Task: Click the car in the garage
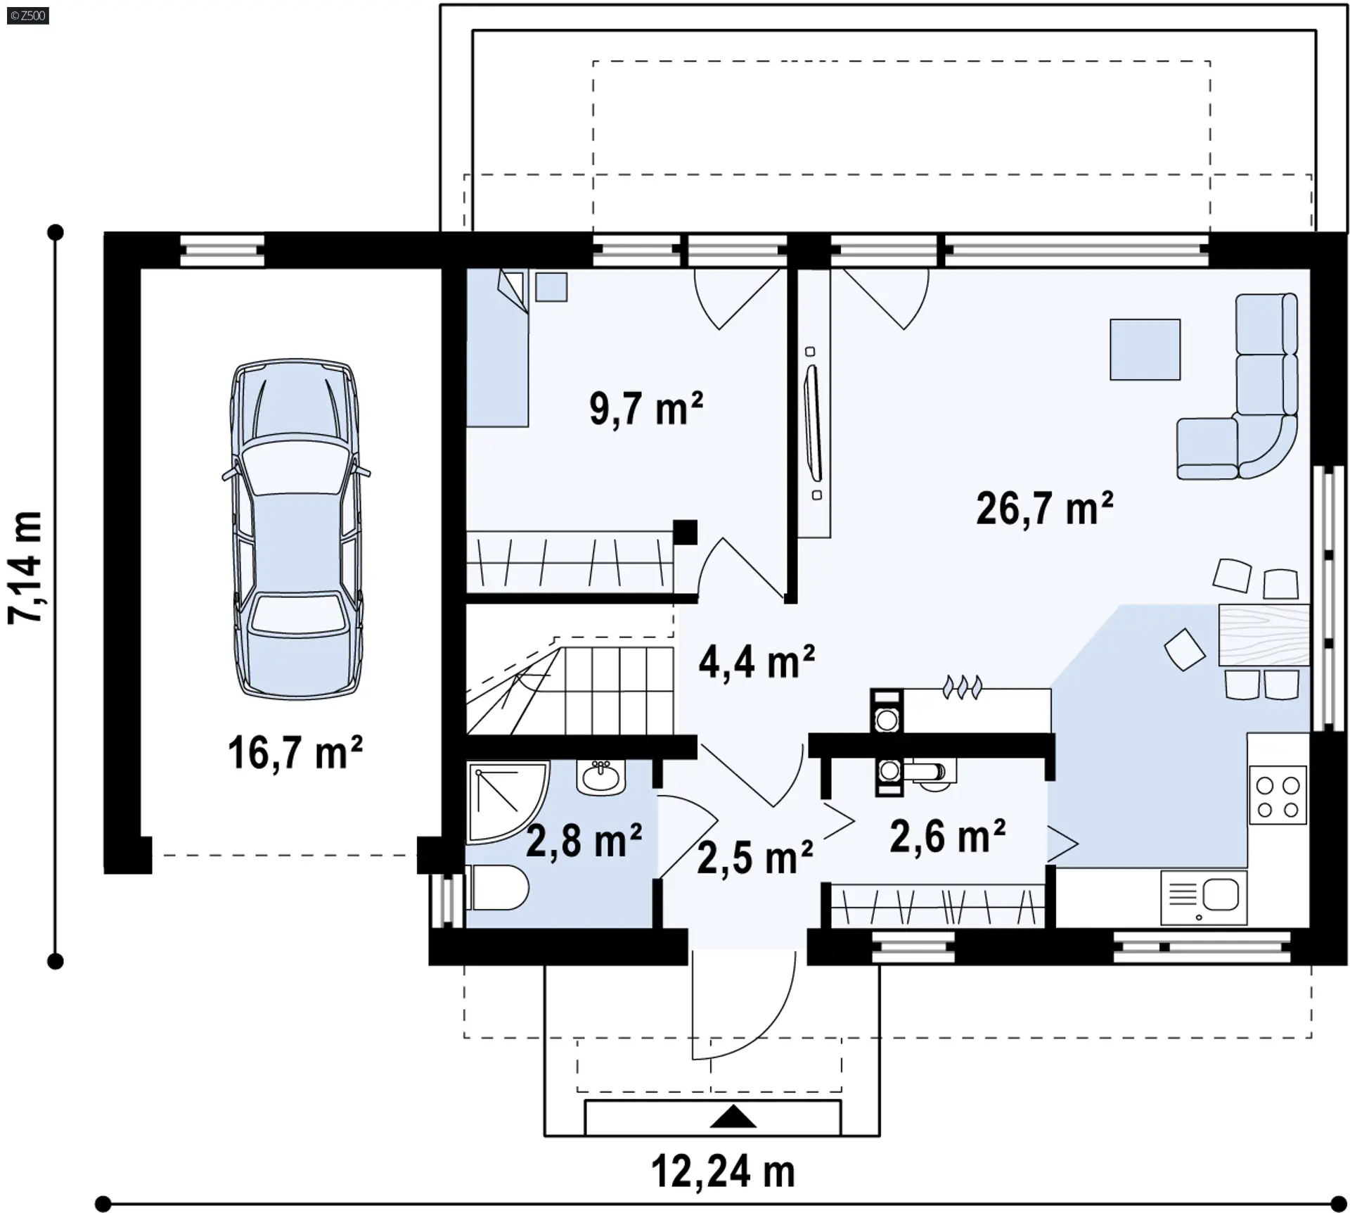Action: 296,529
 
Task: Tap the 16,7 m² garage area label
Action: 295,752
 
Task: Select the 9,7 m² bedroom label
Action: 646,408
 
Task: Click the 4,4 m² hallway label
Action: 757,662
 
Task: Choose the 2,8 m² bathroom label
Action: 584,841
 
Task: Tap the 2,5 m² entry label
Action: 755,857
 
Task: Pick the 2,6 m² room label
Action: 947,836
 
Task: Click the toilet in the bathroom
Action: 497,888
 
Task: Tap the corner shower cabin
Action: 507,802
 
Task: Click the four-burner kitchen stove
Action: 1278,795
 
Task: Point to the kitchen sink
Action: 1204,897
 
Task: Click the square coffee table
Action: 1145,350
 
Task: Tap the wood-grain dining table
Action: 1264,635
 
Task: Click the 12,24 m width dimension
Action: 723,1173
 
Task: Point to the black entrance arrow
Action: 733,1117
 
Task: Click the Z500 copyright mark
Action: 28,15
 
